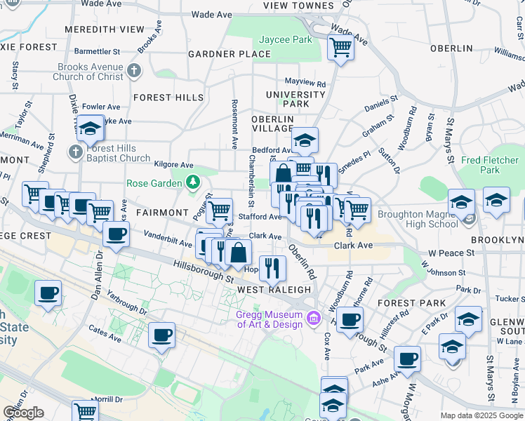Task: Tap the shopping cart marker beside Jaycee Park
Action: pos(340,48)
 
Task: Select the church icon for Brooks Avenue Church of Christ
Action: pos(135,70)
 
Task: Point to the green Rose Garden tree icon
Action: pos(194,183)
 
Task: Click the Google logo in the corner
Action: pos(23,413)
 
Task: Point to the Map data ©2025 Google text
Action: pos(481,415)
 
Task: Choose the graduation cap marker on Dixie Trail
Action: pos(90,129)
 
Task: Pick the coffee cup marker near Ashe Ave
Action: pos(407,359)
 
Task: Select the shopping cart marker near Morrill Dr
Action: pos(86,411)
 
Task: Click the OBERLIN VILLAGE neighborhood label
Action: pos(272,124)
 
